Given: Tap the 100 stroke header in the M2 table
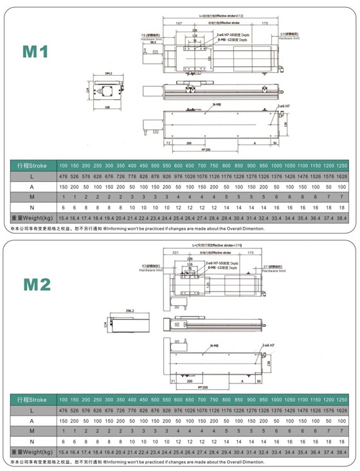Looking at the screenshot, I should tap(64, 399).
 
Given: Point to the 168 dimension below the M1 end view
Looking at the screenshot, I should tap(107, 108).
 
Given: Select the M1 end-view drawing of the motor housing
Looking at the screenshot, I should tap(107, 91).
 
